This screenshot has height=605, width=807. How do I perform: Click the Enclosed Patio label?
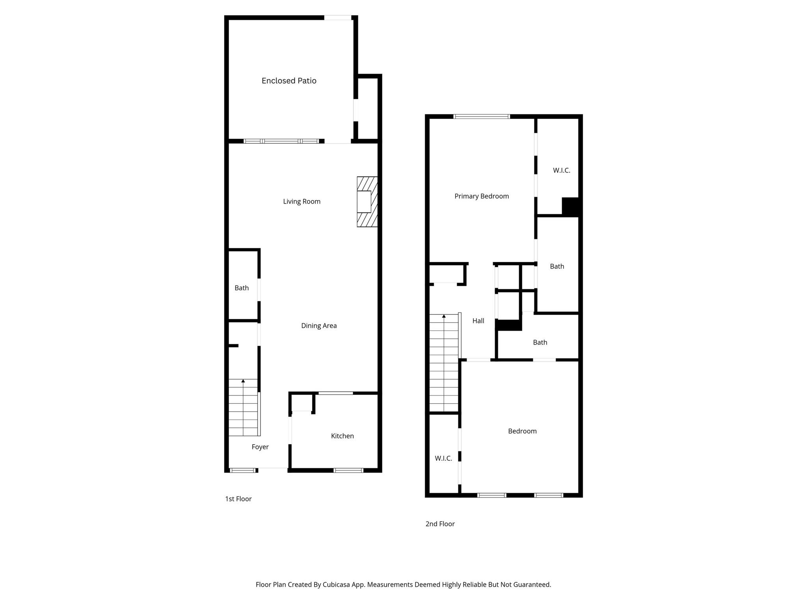[x=289, y=81]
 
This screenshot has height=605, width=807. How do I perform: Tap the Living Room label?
[x=301, y=202]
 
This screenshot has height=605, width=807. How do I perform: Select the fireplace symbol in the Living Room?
[x=366, y=202]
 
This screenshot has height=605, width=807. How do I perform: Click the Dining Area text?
[x=319, y=326]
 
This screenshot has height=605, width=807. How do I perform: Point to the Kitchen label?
[x=342, y=436]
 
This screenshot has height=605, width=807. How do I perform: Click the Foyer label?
[x=260, y=447]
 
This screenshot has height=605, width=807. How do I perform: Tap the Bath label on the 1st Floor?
[x=242, y=288]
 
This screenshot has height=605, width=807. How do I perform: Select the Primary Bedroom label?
[x=482, y=196]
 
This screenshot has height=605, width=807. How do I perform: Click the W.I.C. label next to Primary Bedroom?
[x=562, y=171]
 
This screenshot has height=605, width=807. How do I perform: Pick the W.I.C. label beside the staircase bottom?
[x=443, y=458]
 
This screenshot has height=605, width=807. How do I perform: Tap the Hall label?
[x=478, y=321]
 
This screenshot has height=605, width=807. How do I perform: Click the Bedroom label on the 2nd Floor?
[x=522, y=431]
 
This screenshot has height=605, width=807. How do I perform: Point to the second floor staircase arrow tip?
[x=444, y=316]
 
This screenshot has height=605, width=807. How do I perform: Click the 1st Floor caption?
[x=238, y=499]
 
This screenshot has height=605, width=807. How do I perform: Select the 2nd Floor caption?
[x=440, y=524]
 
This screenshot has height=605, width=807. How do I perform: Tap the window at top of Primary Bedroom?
[x=482, y=117]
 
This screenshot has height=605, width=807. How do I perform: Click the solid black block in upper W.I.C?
[x=570, y=206]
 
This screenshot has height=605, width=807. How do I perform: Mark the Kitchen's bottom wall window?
[x=348, y=470]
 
